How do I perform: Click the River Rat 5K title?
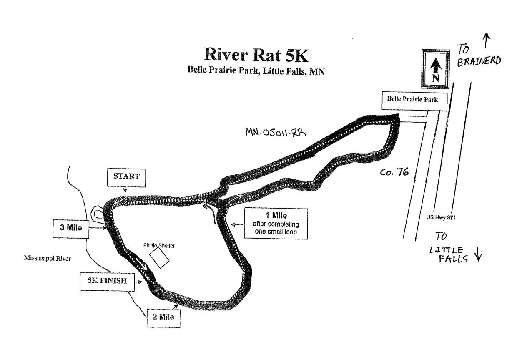[256, 55]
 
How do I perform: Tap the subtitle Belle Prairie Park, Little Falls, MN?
[256, 70]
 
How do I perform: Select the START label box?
[126, 177]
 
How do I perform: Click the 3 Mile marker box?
[71, 229]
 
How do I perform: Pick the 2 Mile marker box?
[163, 318]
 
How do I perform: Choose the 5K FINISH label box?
[107, 282]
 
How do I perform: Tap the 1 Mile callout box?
[276, 224]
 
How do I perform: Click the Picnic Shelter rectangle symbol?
[159, 258]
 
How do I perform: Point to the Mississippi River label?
[47, 258]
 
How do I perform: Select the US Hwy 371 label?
[441, 217]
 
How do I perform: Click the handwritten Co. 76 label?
[394, 172]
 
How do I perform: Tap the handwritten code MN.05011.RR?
[276, 132]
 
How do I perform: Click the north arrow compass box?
[436, 69]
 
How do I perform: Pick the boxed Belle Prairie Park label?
[414, 101]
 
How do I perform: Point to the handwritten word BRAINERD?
[479, 61]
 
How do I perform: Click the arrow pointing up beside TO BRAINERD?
[487, 40]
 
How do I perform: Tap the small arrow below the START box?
[125, 189]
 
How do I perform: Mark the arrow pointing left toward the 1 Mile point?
[237, 224]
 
